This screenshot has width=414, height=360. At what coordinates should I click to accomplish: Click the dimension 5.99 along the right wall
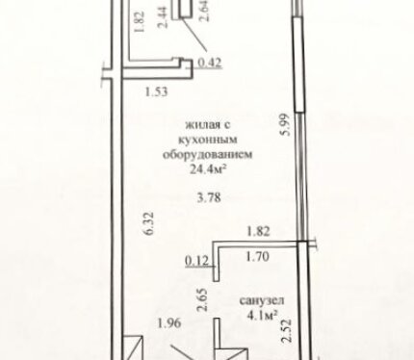286,124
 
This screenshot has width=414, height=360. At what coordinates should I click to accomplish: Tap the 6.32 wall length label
150,223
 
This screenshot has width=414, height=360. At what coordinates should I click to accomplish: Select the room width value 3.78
209,197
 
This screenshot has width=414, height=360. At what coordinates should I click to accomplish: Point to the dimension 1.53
157,91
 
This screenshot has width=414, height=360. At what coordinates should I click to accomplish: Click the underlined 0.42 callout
210,63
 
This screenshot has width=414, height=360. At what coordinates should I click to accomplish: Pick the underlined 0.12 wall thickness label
197,261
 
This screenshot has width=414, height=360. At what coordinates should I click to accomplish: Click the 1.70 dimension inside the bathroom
257,256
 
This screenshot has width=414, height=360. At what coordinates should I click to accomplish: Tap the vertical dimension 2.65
203,300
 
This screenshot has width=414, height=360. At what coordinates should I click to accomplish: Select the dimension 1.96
169,323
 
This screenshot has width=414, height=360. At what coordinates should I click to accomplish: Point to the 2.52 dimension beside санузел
287,330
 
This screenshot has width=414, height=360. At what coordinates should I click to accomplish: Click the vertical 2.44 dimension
163,18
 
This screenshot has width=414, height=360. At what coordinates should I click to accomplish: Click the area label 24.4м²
206,168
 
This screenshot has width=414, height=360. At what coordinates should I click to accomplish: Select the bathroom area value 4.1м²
262,316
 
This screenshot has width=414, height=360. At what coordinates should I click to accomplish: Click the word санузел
262,301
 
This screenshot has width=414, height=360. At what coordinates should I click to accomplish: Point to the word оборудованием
208,155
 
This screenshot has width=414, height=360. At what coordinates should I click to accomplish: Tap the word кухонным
208,140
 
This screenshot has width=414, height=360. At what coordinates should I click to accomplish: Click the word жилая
199,125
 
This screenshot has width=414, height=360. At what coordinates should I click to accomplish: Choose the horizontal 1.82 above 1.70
258,231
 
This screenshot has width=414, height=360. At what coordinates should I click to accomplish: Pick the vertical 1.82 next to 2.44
141,22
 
